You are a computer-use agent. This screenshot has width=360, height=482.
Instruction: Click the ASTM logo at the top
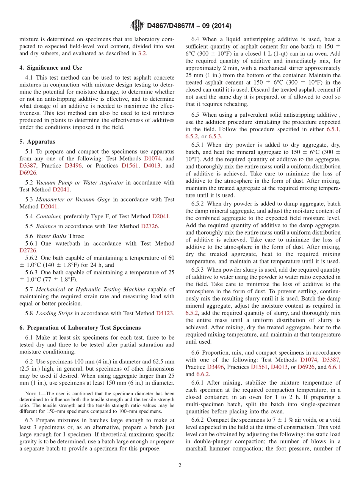[137, 25]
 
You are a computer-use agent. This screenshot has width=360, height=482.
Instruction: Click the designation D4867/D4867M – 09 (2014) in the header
[189, 26]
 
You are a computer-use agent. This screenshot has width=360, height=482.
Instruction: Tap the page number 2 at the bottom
[180, 465]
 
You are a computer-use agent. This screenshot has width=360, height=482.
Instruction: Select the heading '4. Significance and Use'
[51, 68]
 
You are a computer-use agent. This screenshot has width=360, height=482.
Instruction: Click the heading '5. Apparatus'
[37, 142]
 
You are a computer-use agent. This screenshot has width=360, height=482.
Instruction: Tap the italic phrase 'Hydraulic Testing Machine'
[110, 289]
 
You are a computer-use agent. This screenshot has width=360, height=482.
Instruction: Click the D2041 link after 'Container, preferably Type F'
[161, 216]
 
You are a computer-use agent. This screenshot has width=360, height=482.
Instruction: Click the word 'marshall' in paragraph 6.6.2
[197, 449]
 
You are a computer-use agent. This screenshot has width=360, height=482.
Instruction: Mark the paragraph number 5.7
[29, 289]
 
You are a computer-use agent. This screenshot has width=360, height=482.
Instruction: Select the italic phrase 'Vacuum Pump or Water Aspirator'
[80, 183]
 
